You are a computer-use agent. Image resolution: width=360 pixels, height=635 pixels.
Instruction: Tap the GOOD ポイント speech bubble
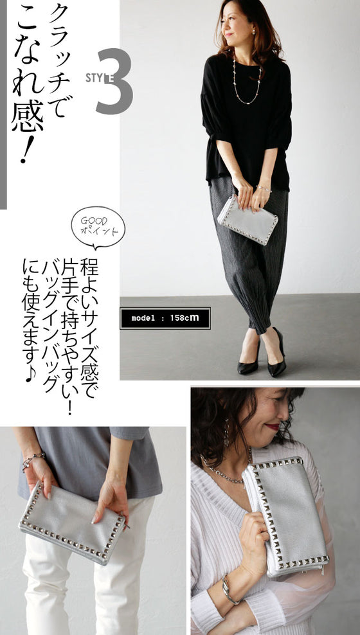(98, 227)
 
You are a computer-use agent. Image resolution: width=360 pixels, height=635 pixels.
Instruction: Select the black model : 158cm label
(165, 318)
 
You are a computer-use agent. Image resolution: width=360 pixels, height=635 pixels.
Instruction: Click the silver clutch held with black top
(248, 219)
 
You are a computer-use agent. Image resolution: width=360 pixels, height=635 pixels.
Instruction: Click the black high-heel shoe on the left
(249, 360)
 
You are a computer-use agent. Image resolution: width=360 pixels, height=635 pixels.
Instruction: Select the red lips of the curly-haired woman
(273, 426)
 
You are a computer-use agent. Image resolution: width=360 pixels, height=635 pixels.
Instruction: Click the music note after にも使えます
(31, 375)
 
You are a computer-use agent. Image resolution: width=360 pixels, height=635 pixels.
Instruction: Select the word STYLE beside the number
(100, 77)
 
